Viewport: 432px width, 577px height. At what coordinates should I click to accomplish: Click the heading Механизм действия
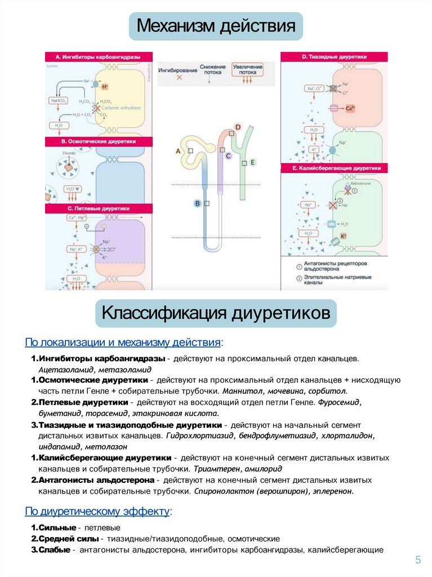[x=216, y=26]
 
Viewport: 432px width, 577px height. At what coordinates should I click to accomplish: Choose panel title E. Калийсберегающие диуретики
[x=337, y=168]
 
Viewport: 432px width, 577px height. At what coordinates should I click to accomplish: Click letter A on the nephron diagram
[x=179, y=152]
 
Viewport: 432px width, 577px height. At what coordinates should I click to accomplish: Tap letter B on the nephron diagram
[x=197, y=203]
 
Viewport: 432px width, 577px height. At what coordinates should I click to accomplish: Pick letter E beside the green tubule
[x=253, y=162]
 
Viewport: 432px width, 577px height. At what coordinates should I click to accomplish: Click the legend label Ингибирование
[x=177, y=70]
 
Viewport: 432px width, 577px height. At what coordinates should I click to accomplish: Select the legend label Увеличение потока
[x=247, y=69]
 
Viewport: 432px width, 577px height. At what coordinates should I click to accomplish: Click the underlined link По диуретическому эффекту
[x=97, y=512]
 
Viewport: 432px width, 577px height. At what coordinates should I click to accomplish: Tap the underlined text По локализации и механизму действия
[x=123, y=343]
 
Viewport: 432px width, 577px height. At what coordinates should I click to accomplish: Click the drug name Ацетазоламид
[x=66, y=370]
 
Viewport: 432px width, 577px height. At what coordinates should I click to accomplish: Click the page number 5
[x=417, y=560]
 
